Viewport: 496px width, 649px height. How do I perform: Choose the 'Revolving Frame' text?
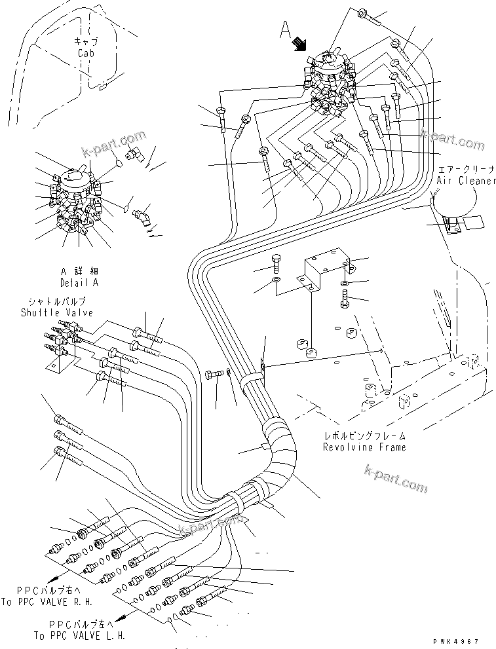(364, 447)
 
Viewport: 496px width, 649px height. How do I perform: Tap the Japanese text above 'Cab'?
(86, 41)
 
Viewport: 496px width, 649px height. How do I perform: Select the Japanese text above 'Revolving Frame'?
(364, 436)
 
